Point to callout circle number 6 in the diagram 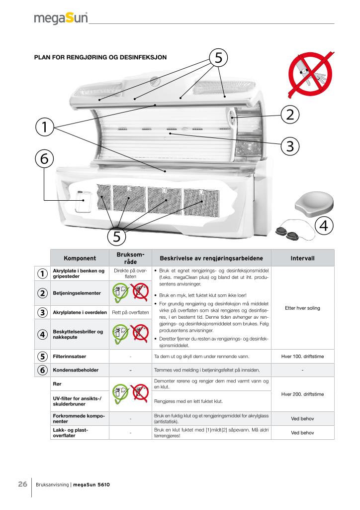coord(44,159)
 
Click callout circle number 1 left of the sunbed coord(44,127)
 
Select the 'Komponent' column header coord(80,258)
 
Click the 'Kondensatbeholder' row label coord(75,370)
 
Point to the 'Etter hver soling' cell coord(302,308)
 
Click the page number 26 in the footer coord(22,485)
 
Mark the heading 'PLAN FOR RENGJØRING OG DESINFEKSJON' coord(100,57)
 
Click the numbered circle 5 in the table coord(42,357)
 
